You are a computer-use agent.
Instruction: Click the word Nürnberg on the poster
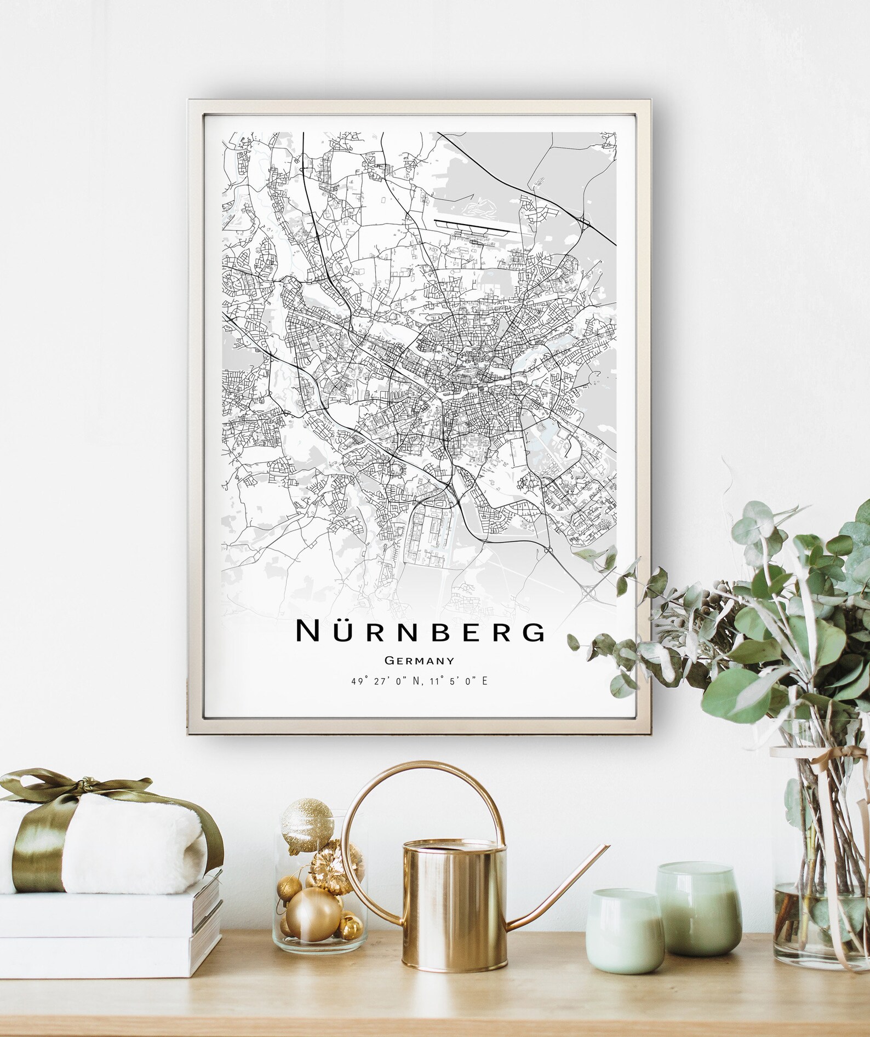point(420,631)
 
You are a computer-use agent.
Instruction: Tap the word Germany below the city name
point(419,661)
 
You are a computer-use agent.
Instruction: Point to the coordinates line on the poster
point(419,681)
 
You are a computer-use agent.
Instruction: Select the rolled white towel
point(110,838)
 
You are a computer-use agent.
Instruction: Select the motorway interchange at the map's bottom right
point(592,592)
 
